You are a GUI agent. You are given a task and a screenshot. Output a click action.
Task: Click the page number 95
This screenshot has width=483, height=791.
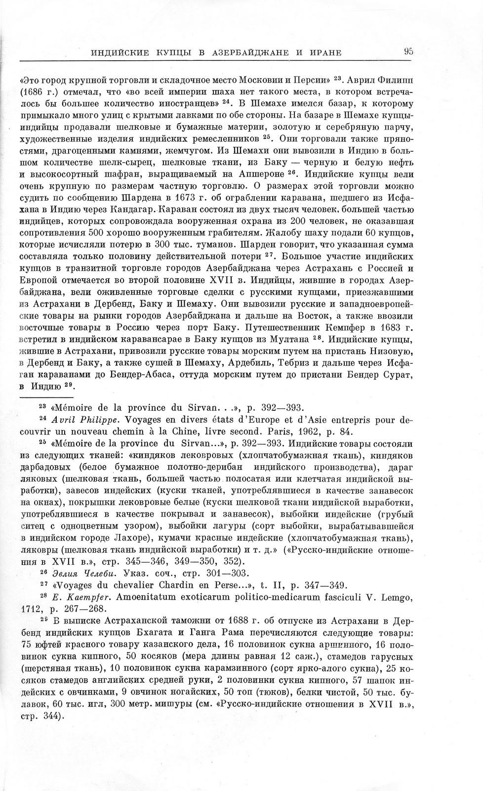pos(408,51)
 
